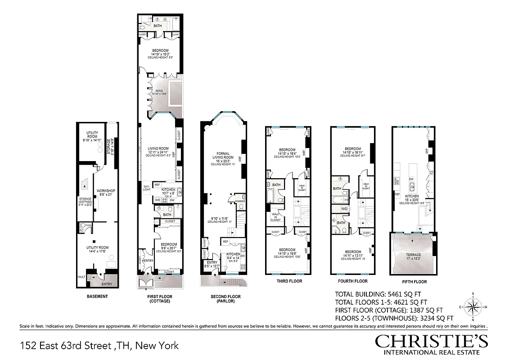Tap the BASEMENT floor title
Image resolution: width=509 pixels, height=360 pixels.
pos(97,297)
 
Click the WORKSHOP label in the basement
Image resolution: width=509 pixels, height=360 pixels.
pos(106,191)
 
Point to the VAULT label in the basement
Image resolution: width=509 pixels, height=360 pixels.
pos(81,277)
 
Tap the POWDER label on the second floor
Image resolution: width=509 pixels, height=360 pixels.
pos(240,201)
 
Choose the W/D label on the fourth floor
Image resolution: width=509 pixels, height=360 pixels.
pos(344,209)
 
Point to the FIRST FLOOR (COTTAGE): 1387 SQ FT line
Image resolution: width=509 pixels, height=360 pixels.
pos(389,310)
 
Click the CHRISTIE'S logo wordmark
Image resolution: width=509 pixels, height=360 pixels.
pos(431,342)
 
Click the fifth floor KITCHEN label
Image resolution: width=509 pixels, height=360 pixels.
pos(411,196)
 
